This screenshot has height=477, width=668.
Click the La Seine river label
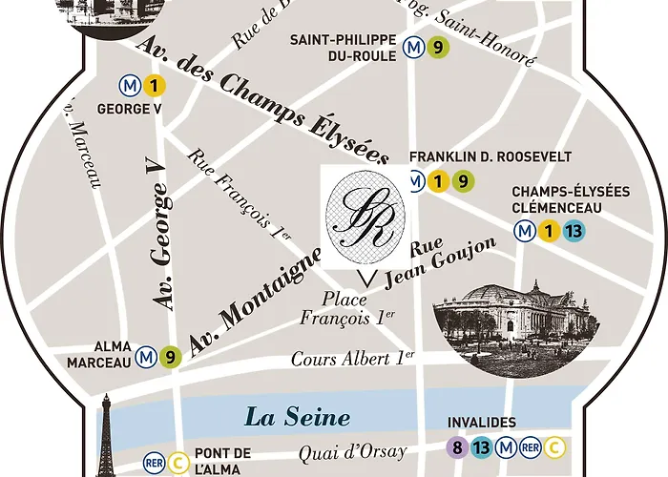[297, 417]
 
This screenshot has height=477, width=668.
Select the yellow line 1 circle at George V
[156, 86]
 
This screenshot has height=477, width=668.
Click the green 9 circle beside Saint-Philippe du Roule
[438, 45]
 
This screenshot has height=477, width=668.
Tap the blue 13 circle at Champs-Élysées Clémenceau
[574, 230]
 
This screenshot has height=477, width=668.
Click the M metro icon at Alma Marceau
[146, 355]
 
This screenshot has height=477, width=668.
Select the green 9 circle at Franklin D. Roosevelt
[461, 180]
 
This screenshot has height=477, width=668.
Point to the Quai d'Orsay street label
[352, 451]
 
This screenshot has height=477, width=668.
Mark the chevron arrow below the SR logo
[364, 279]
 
